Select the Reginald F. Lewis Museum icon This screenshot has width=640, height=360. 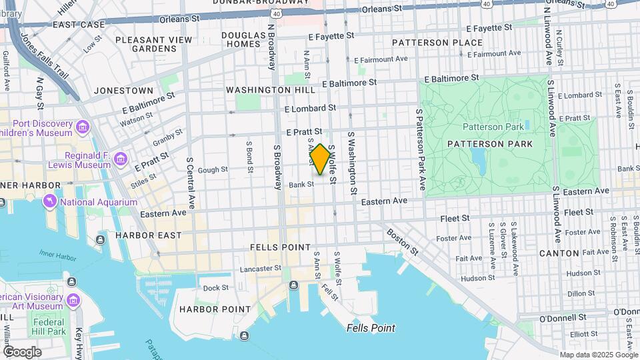(x=121, y=159)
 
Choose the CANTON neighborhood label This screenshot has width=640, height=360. (x=559, y=253)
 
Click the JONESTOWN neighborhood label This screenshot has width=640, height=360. (x=123, y=90)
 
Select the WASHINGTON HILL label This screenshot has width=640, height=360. (x=270, y=90)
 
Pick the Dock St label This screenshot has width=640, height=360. (x=216, y=288)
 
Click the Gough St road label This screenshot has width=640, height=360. (x=213, y=170)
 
